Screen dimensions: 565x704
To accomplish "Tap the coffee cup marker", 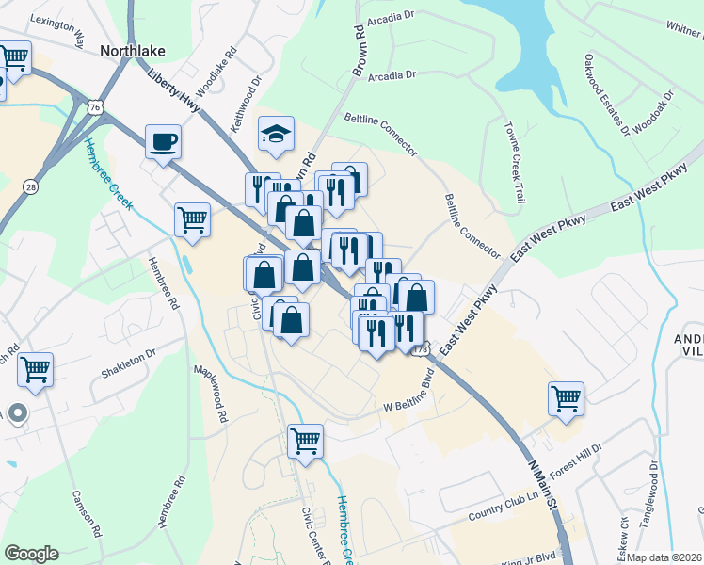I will pyautogui.click(x=163, y=142).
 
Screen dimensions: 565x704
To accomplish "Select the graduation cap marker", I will pyautogui.click(x=277, y=134).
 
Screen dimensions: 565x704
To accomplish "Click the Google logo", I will pyautogui.click(x=31, y=554).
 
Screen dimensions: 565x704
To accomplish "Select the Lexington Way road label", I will pyautogui.click(x=58, y=29).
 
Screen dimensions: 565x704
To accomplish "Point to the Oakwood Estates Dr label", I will pyautogui.click(x=606, y=94).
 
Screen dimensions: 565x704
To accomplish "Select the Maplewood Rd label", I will pyautogui.click(x=211, y=395).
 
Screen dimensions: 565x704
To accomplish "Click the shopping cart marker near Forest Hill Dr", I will pyautogui.click(x=566, y=398).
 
